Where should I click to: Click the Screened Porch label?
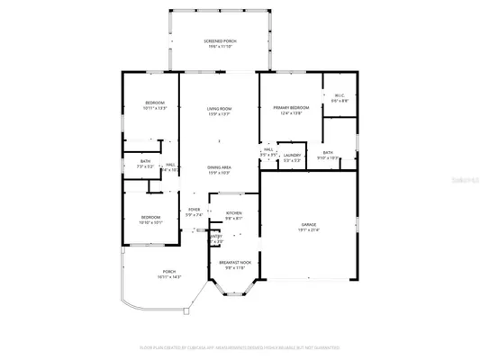(x=220, y=40)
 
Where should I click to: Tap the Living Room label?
(x=220, y=108)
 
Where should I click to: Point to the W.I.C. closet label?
(x=339, y=95)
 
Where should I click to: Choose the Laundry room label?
(x=292, y=155)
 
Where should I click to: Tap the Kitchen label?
(x=233, y=213)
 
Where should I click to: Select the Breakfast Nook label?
(x=233, y=263)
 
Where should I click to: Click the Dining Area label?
(x=220, y=167)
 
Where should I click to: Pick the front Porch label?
(x=168, y=272)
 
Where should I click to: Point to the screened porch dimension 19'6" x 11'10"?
(x=220, y=46)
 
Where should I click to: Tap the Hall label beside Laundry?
(x=268, y=149)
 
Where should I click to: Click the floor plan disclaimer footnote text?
(x=240, y=346)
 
